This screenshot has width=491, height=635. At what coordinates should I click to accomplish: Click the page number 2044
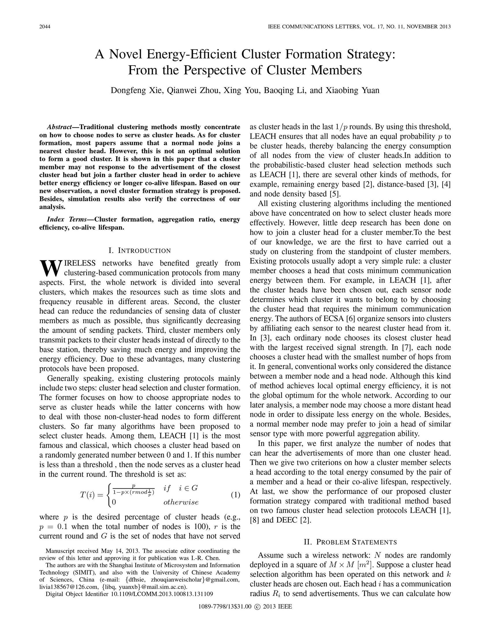coord(45,27)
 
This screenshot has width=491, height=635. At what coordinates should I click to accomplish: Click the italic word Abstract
coord(59,127)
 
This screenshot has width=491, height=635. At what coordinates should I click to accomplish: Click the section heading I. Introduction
coord(140,251)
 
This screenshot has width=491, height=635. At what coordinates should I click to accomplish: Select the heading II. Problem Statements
coord(350,542)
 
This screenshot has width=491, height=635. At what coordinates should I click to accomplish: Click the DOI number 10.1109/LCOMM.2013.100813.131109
coord(162,594)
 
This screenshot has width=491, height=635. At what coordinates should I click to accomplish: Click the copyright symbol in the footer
coord(257,606)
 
